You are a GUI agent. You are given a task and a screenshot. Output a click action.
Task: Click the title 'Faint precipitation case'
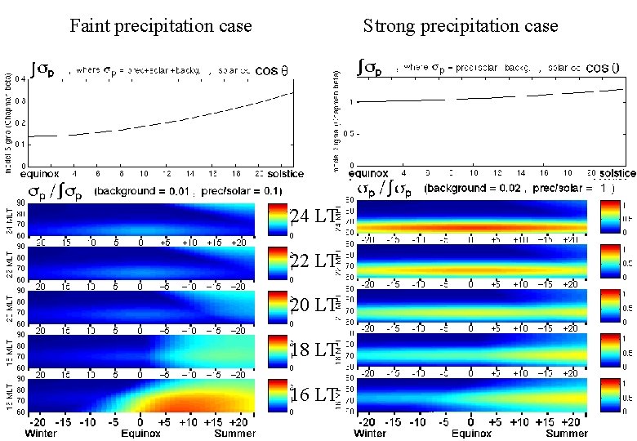pos(161,26)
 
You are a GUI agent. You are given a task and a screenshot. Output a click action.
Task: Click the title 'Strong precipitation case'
pos(461,26)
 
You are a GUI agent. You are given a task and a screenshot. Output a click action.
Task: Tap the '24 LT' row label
pos(313,216)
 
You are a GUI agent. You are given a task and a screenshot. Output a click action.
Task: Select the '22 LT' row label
pos(313,261)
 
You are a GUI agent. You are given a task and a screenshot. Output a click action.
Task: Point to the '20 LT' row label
pos(313,305)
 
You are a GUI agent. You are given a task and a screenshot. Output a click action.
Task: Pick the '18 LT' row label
pos(313,350)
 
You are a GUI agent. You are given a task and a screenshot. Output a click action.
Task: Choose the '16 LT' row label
pos(313,394)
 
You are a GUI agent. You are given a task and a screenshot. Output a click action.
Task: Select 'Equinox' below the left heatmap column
pos(140,433)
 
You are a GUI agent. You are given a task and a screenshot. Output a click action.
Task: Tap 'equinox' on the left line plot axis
pos(41,174)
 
